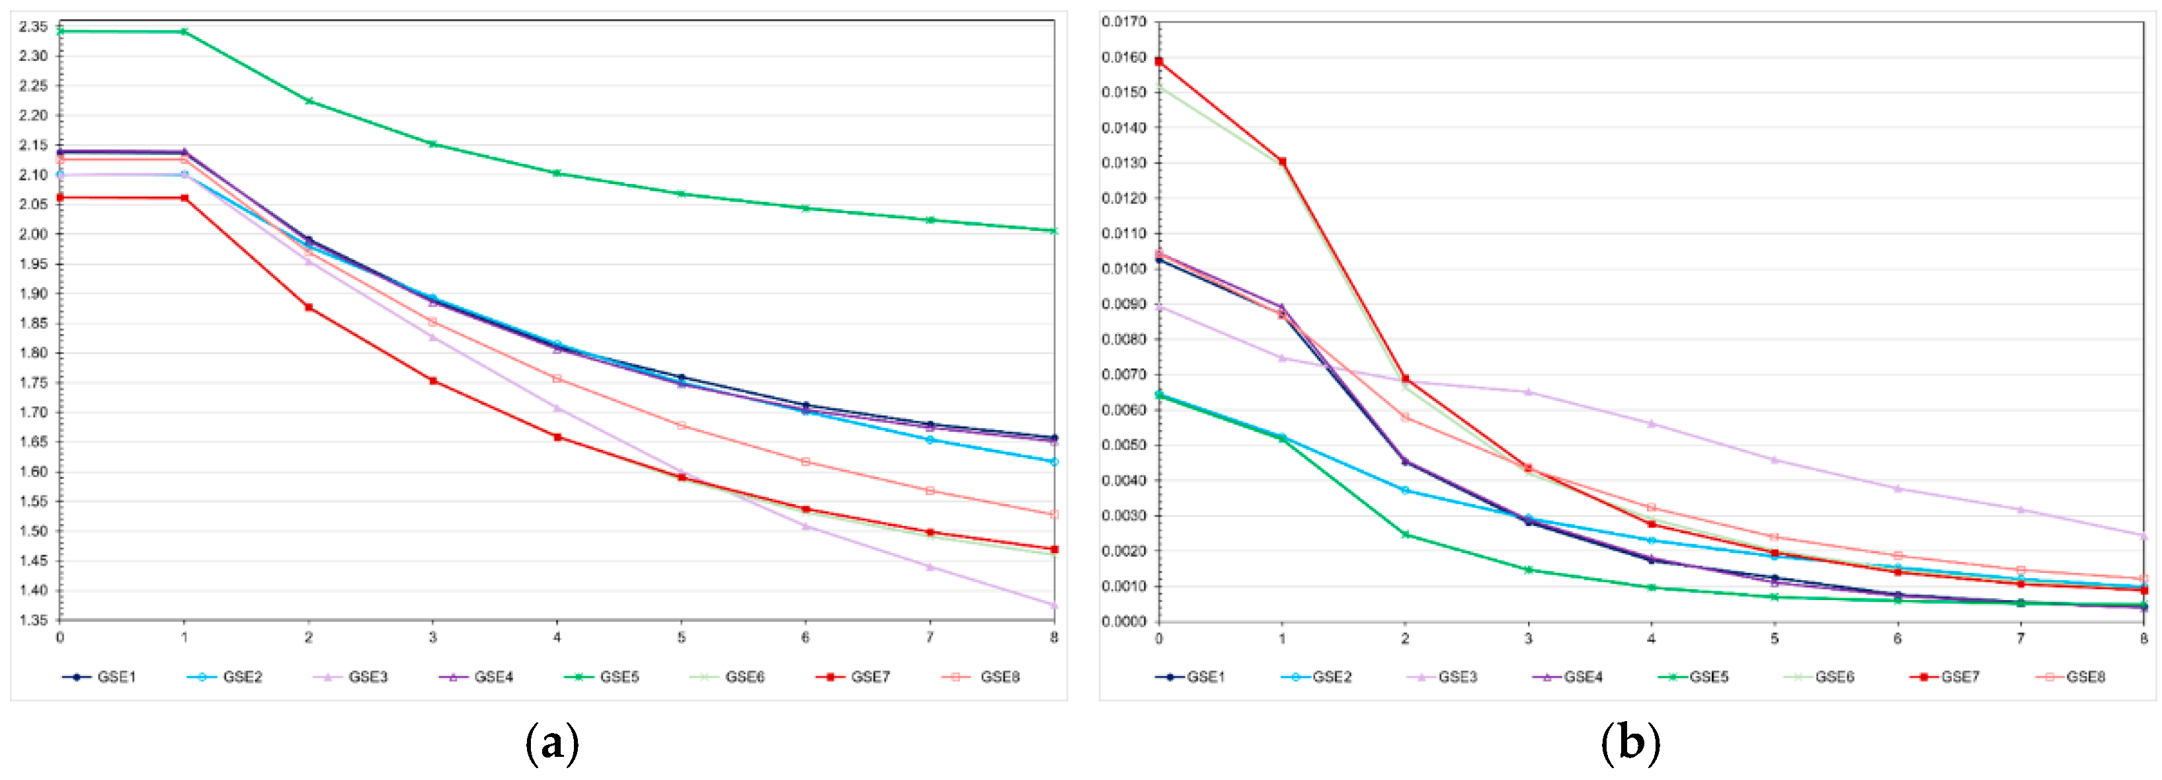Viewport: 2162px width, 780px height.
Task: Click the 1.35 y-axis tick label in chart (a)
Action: [x=34, y=621]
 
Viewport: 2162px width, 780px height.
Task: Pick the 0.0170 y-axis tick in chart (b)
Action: [x=1124, y=21]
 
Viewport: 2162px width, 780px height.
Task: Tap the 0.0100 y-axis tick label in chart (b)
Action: [x=1124, y=269]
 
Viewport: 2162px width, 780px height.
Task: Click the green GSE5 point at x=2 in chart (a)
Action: [x=309, y=101]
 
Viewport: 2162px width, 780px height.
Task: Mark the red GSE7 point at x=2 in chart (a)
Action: [x=309, y=307]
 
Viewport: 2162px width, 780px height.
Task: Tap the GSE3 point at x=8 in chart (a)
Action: [x=1054, y=605]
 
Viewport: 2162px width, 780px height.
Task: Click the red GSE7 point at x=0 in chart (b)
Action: [x=1159, y=62]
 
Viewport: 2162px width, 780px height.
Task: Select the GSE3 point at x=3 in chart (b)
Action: [x=1529, y=392]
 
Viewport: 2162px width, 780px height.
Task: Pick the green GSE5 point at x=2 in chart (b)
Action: [x=1405, y=534]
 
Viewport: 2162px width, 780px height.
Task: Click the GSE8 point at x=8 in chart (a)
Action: [x=1054, y=514]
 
